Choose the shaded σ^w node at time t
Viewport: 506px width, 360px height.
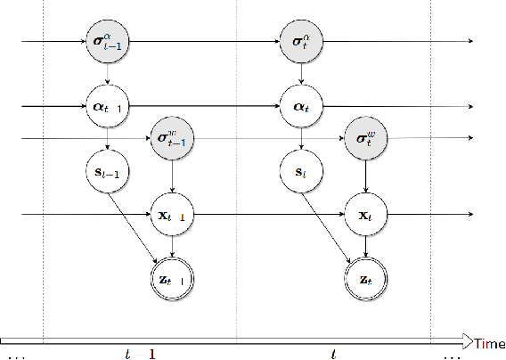tap(365, 139)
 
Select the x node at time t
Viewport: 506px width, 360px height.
tap(365, 216)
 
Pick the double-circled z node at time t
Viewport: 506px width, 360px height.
tap(365, 278)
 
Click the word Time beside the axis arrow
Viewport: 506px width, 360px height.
tap(489, 343)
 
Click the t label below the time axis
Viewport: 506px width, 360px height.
tap(333, 354)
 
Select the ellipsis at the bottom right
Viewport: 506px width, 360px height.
tap(453, 356)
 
